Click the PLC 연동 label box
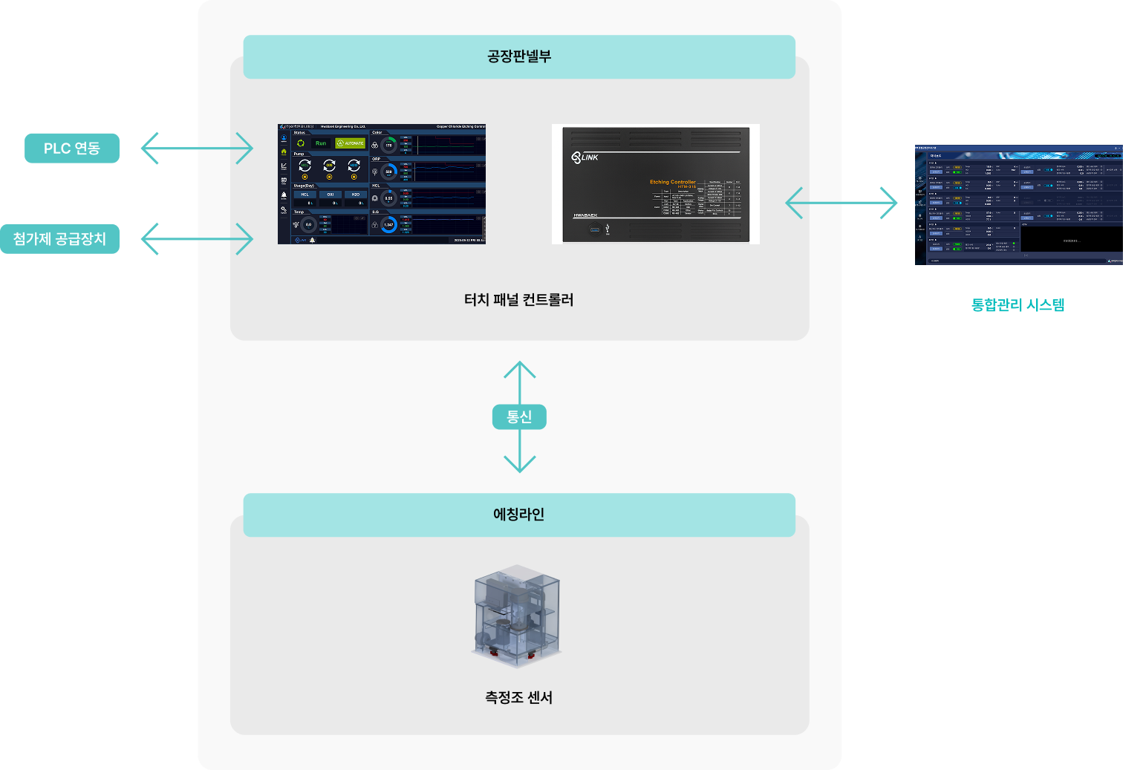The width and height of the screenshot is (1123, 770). (72, 149)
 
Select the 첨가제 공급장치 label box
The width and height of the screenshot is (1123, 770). (59, 239)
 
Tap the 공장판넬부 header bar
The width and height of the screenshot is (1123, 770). (519, 57)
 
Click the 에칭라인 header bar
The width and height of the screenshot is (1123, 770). (519, 515)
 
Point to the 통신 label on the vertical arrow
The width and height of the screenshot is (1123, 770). (519, 417)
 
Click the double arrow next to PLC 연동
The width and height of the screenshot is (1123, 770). (197, 149)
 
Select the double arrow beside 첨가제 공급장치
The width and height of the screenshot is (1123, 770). (197, 239)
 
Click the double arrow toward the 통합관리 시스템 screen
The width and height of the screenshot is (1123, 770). (842, 203)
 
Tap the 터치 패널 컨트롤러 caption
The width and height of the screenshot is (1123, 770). (519, 300)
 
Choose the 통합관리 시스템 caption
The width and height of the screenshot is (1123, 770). (1018, 304)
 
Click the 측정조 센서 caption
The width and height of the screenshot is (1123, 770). (519, 698)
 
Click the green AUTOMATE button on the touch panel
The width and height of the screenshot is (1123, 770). (351, 143)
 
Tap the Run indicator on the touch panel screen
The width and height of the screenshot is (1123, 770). (321, 143)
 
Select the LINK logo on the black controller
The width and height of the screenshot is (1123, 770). (585, 157)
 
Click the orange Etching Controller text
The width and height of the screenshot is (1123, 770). (673, 182)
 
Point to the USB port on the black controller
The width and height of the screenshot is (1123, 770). (595, 229)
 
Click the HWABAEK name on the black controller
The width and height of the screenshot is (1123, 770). (585, 215)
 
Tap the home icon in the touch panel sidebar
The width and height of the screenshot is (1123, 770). (284, 152)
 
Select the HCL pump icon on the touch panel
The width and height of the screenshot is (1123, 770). (305, 166)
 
